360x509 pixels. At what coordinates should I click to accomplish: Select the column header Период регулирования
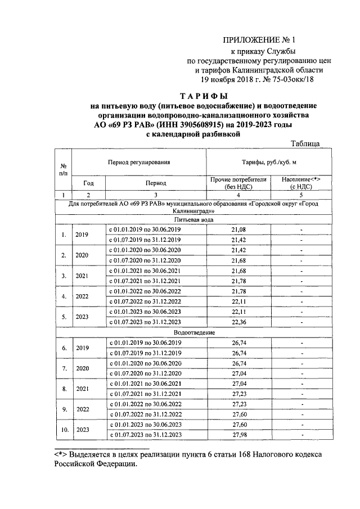coord(139,162)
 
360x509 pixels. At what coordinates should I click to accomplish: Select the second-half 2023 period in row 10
coord(145,434)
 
